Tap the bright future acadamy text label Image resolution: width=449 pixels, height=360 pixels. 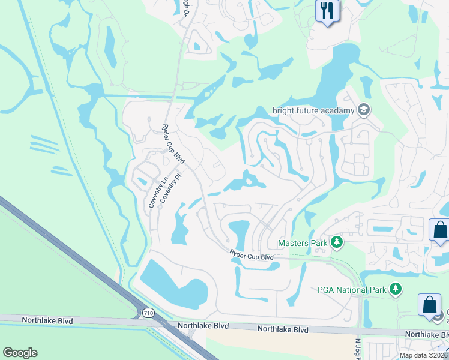(313, 110)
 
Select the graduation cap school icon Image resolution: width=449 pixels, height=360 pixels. (363, 110)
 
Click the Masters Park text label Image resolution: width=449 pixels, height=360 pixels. (302, 243)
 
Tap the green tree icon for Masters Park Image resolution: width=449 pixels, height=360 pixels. (337, 242)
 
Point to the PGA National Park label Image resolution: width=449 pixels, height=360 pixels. (352, 290)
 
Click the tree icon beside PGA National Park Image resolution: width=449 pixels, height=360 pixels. (395, 290)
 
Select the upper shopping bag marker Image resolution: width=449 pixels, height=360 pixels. (440, 230)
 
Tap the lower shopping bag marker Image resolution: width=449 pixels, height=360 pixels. (430, 305)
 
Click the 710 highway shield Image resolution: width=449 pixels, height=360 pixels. (148, 313)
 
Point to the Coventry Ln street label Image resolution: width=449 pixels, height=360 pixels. (156, 192)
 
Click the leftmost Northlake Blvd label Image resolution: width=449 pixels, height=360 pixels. (47, 320)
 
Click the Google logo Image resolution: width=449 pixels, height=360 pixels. (20, 353)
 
